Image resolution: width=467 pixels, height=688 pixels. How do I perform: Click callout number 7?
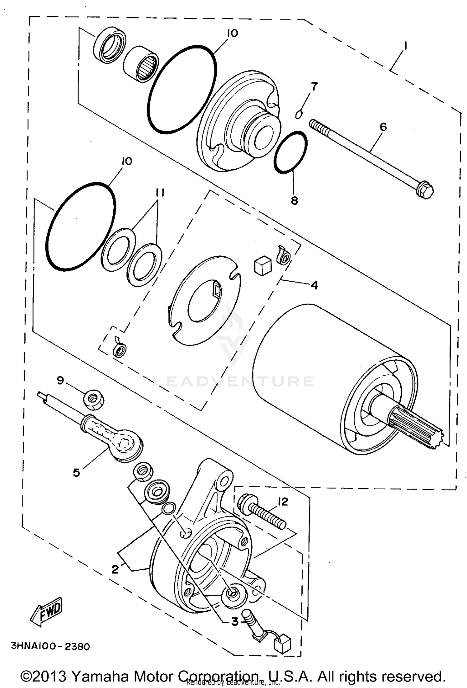tap(314, 87)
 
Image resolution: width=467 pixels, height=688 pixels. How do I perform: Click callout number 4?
tap(314, 285)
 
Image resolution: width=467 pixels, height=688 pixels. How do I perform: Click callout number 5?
tap(76, 473)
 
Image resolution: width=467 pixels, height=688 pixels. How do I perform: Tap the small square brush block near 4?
tap(262, 266)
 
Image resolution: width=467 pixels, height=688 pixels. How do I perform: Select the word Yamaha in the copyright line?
tap(95, 676)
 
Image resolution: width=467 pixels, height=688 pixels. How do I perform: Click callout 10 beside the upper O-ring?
tap(232, 33)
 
